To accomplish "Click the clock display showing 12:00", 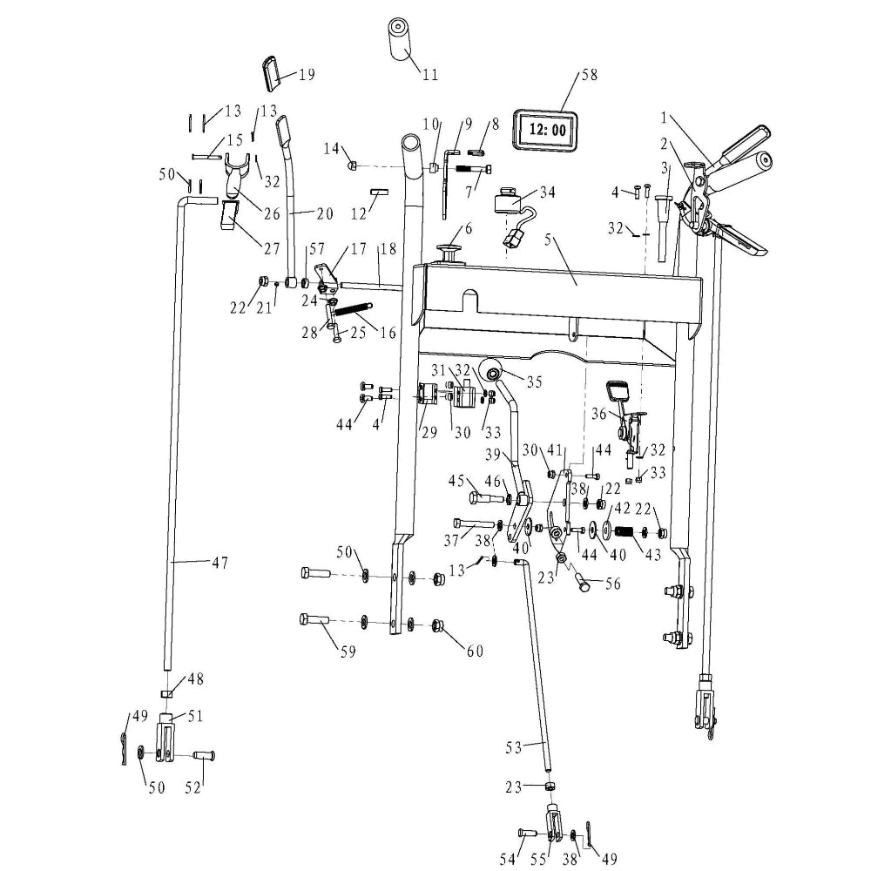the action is click(546, 130).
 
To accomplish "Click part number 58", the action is click(589, 74).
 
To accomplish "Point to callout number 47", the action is click(220, 563).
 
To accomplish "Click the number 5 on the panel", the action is click(548, 240).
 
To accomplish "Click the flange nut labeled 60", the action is click(438, 626).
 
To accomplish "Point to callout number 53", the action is click(515, 746).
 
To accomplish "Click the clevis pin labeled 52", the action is click(204, 755).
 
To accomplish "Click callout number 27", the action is click(272, 248).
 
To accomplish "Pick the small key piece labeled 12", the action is click(379, 192).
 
